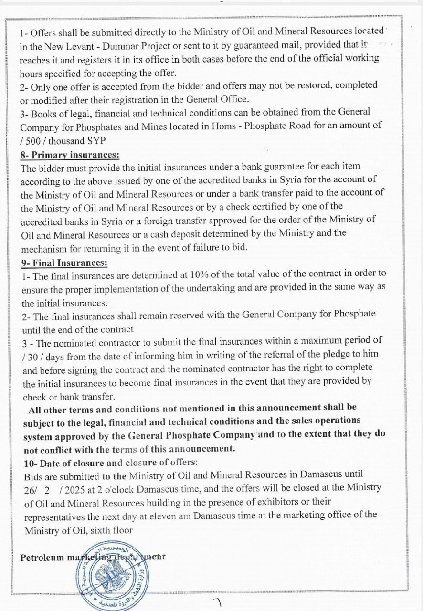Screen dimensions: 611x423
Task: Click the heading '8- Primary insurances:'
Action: coord(70,155)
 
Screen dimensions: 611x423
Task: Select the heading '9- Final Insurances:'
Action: coord(64,263)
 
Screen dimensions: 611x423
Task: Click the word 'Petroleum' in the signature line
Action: coord(42,558)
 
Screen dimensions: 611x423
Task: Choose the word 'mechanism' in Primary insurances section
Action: coord(44,248)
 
